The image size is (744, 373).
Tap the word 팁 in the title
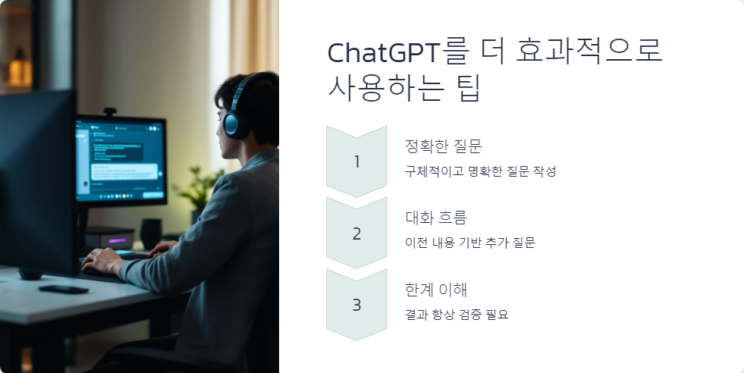point(466,89)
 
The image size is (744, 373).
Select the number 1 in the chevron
point(357,161)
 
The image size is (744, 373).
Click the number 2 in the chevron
point(356,234)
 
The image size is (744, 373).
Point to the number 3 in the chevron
point(356,305)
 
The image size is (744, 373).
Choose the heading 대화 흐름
point(436,218)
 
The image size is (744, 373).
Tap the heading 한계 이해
point(436,290)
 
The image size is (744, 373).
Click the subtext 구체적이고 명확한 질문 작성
point(481,171)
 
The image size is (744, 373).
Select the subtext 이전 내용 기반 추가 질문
point(470,243)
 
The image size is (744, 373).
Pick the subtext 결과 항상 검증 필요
point(457,314)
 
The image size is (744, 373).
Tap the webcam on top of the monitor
point(110,112)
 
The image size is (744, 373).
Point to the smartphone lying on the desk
point(63,289)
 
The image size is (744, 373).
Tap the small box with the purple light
point(111,239)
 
